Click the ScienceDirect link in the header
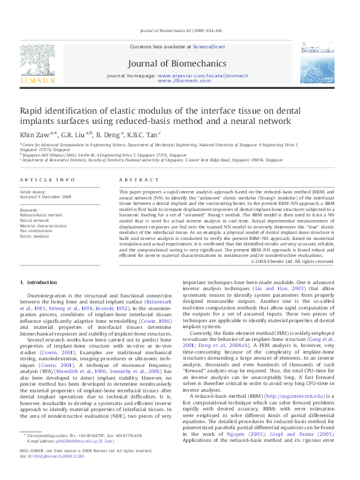tap(209, 47)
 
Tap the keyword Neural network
tap(34, 221)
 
